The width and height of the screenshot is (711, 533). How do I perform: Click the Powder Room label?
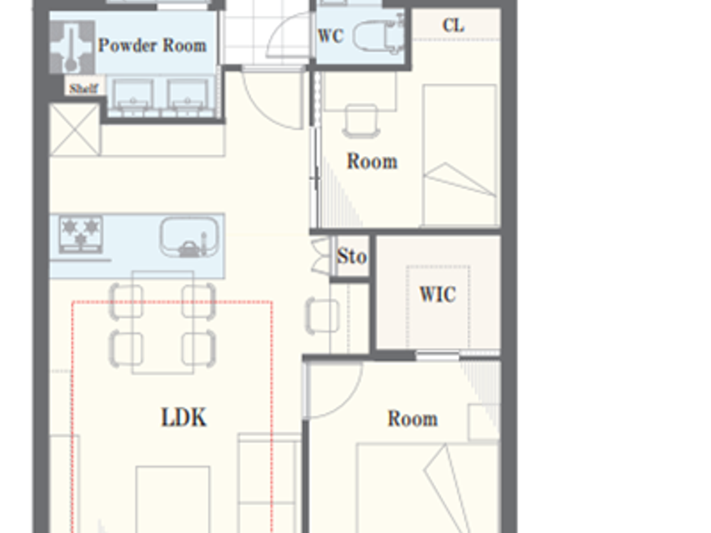point(152,46)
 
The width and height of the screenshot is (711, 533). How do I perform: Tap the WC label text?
point(331,36)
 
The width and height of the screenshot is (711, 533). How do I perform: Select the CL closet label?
point(453,25)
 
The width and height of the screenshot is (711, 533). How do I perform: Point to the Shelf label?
point(84,88)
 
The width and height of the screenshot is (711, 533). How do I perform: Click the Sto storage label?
point(351,256)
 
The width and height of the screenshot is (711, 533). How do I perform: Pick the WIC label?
point(437,294)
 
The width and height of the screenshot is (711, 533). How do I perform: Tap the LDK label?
point(184,417)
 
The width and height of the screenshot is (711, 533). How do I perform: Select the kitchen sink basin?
point(189,237)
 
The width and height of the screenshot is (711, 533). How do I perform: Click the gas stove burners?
point(81,234)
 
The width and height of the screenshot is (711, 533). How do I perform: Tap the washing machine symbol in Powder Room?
point(72,47)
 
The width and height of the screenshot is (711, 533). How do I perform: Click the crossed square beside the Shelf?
point(75,129)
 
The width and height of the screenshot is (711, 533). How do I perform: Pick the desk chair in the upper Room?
point(361,121)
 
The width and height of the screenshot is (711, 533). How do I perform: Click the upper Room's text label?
point(372,161)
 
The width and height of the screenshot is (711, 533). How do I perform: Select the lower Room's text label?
point(412,419)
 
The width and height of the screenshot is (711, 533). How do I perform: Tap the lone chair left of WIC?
point(322,316)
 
